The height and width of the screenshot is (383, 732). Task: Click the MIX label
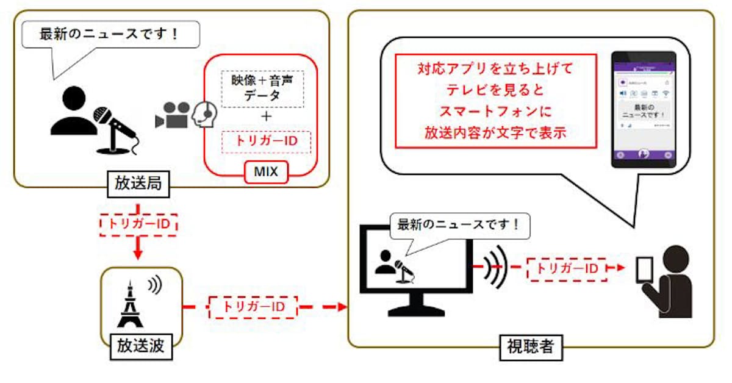[x=265, y=173]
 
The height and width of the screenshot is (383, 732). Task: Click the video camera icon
[x=172, y=115]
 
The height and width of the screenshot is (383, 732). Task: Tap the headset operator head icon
[x=206, y=114]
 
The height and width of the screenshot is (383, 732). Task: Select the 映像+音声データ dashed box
[x=262, y=89]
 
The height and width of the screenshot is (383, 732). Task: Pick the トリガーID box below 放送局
[x=138, y=224]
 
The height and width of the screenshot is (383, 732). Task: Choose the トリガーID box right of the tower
[x=253, y=306]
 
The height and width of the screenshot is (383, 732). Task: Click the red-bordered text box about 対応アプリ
[x=495, y=101]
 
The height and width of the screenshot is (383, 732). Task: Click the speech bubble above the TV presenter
[x=459, y=226]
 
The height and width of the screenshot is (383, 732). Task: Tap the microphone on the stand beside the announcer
[x=116, y=128]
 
